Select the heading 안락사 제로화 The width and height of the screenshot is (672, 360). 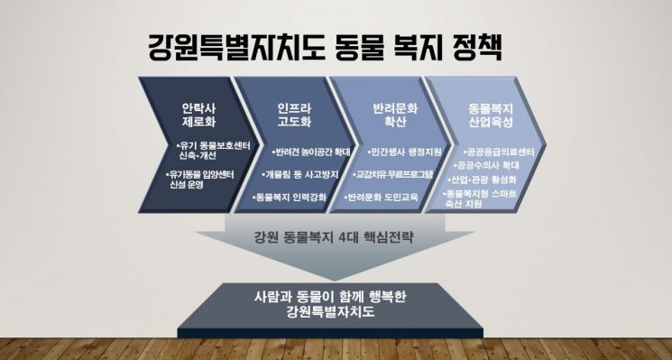coord(198,115)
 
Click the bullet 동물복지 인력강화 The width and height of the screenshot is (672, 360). coord(292,196)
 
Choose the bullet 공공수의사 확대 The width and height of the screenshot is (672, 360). coord(488,166)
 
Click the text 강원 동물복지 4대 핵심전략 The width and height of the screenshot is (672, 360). coord(334,239)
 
